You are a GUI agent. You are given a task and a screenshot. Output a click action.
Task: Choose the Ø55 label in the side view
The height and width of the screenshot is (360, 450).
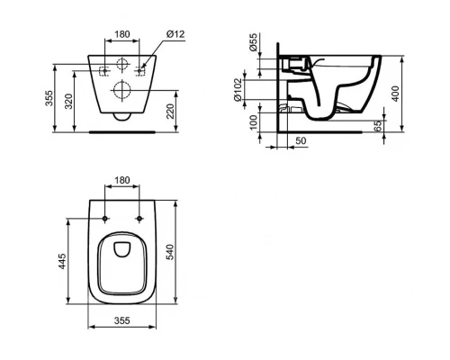pos(254,43)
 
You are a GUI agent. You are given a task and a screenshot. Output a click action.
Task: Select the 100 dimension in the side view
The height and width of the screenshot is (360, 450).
pos(254,119)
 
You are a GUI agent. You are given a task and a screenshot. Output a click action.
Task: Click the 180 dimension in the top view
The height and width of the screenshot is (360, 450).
pos(122,180)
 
